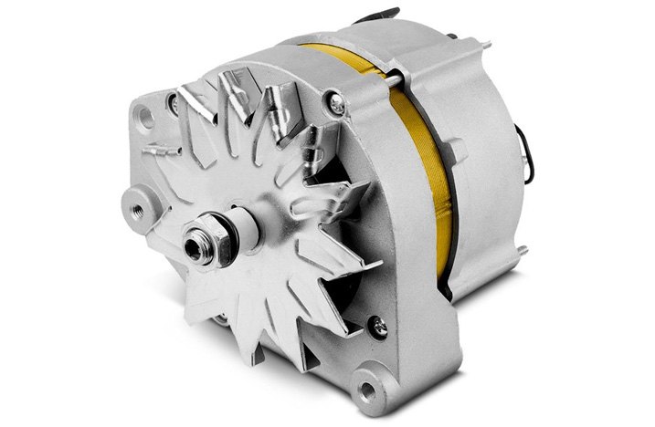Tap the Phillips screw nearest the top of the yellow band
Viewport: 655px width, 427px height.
(339, 108)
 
